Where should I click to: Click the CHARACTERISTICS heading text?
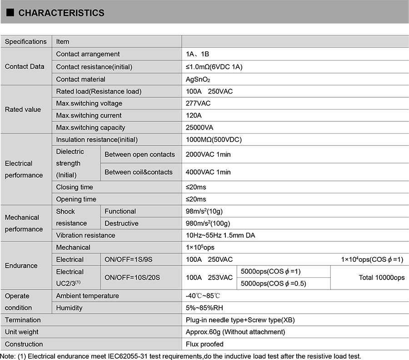[x=61, y=13]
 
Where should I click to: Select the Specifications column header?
[x=26, y=41]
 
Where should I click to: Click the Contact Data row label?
[x=25, y=66]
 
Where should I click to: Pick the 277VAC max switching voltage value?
[x=198, y=103]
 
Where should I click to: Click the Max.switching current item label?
[x=89, y=115]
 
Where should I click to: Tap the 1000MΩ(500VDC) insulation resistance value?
[x=214, y=140]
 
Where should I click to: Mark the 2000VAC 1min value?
[x=208, y=154]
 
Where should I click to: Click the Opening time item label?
[x=76, y=199]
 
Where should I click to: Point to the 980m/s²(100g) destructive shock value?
[x=208, y=223]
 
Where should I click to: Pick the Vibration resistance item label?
[x=85, y=235]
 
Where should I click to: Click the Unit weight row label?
[x=21, y=332]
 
